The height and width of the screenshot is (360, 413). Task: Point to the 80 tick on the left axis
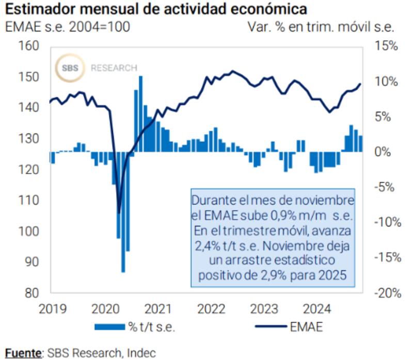pos(32,292)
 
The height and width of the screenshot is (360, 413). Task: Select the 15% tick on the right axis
pos(387,46)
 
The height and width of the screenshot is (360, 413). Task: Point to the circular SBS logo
pos(70,68)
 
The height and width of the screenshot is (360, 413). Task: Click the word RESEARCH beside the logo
pos(114,68)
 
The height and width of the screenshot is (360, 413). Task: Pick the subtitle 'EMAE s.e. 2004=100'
pos(68,26)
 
